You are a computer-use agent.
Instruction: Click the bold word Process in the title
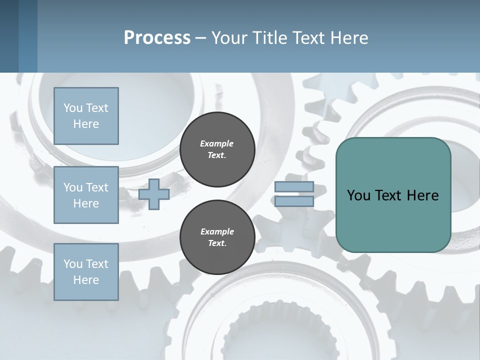(x=157, y=38)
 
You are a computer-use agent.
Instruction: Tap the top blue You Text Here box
(x=86, y=116)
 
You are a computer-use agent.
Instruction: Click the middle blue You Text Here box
(x=86, y=195)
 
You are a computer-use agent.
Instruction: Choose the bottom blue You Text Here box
(x=86, y=272)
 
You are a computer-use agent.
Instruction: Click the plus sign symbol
(x=154, y=194)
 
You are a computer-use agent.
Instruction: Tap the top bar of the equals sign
(x=294, y=187)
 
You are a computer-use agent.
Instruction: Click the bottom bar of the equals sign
(x=294, y=201)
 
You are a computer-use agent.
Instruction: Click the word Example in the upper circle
(x=217, y=143)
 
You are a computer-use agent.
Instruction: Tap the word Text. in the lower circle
(x=217, y=243)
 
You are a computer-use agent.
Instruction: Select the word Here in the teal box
(x=422, y=195)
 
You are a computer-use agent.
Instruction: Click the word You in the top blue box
(x=73, y=108)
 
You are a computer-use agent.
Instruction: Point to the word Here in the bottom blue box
(x=86, y=280)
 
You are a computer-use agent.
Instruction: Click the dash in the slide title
(x=200, y=38)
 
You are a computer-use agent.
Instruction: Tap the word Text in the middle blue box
(x=97, y=187)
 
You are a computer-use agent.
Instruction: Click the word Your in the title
(x=228, y=38)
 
